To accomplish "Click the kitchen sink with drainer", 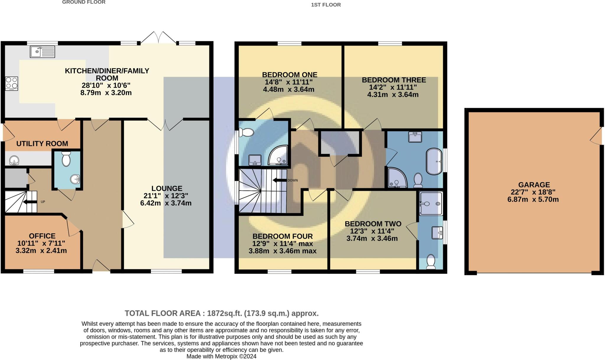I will pos(43,52).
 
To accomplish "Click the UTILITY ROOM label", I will pos(42,144).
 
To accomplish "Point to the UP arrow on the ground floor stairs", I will pos(30,202).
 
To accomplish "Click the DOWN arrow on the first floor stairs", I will pos(279,180).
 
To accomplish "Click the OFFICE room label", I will pos(42,236).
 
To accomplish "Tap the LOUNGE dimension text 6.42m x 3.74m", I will pos(166,203).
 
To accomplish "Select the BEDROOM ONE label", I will pos(290,75).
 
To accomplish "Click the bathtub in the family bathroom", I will pos(434,162).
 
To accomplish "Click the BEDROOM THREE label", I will pos(394,80).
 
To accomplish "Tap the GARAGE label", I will pos(534,185).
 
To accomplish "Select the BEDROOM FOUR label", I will pos(282,236).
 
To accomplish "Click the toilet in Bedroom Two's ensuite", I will pos(431,262).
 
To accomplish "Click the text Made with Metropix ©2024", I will pos(221,356).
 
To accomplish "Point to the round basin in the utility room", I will pos(14,161).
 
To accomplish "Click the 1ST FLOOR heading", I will pos(326,5).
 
